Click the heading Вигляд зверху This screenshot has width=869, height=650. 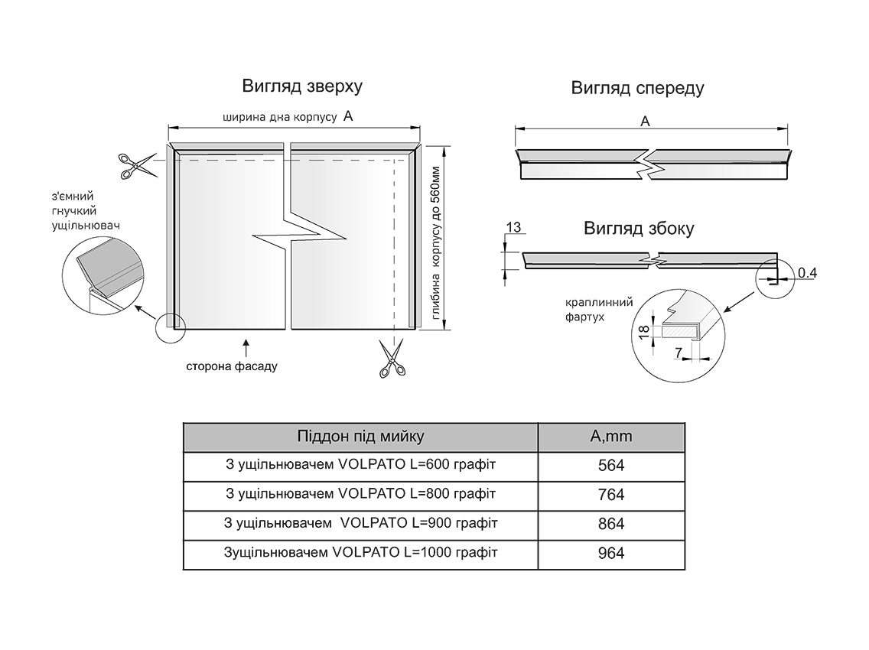302,86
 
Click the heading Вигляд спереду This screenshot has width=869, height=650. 637,88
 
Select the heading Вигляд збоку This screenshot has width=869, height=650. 639,229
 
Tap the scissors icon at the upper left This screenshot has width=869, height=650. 135,165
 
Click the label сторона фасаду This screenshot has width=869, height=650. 232,366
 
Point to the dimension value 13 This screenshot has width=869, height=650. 514,227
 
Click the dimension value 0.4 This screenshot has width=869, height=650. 807,272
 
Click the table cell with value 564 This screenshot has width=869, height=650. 611,466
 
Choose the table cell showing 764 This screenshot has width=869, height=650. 611,495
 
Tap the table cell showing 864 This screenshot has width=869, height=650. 611,524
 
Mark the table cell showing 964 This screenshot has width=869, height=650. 611,553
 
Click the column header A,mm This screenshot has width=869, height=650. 611,437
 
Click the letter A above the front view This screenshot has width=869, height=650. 645,122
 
